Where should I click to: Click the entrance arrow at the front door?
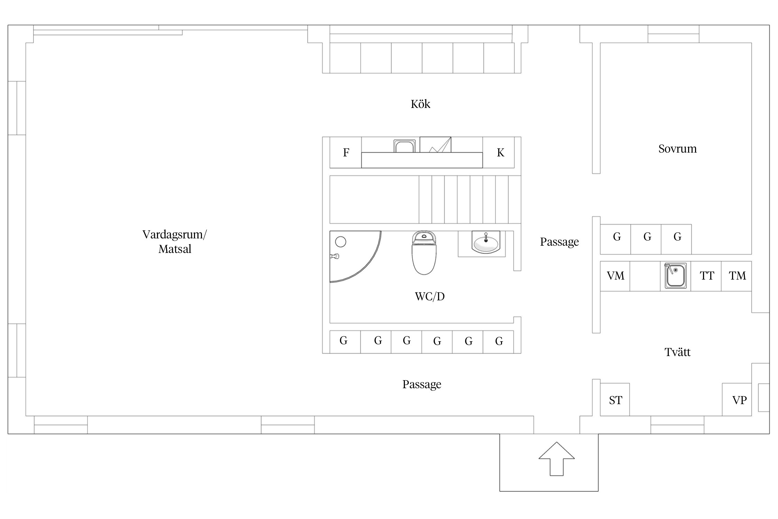(x=556, y=458)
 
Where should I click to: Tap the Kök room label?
(x=420, y=104)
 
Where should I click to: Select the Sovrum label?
(x=677, y=149)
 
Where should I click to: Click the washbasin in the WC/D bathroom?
(x=485, y=242)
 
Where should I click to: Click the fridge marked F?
(x=346, y=153)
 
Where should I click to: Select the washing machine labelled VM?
(x=615, y=276)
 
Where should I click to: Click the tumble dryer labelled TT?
(x=706, y=276)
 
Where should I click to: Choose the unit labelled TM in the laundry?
(x=737, y=276)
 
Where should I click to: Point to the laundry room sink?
(x=675, y=276)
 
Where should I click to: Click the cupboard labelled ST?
(x=615, y=400)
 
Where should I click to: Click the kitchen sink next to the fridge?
(x=405, y=146)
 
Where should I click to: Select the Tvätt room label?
(x=677, y=352)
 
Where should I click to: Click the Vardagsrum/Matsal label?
(x=175, y=242)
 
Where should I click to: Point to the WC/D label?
(x=430, y=297)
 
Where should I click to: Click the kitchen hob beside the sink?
(x=435, y=145)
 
